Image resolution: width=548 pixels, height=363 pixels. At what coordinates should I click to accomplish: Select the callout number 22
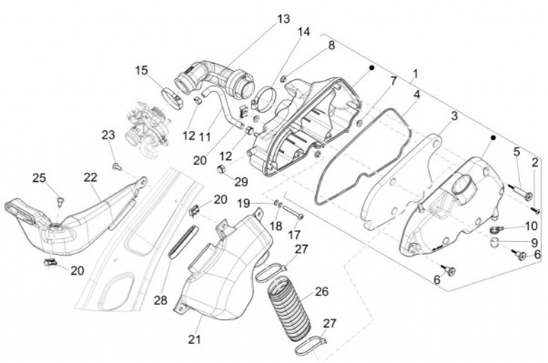91,177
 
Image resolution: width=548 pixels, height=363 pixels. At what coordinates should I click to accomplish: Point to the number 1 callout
415,75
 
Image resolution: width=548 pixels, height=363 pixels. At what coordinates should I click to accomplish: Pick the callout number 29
241,182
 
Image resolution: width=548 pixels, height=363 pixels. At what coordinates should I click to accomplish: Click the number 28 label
160,300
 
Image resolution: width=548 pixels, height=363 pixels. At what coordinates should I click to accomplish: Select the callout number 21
195,339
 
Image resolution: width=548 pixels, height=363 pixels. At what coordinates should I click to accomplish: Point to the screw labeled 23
116,164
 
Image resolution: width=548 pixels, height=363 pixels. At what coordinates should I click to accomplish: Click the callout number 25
39,177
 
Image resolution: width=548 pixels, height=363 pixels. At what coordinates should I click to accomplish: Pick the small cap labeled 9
495,242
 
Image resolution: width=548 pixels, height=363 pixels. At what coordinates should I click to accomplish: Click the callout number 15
142,71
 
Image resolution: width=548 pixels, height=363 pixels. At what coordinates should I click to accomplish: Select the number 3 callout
454,116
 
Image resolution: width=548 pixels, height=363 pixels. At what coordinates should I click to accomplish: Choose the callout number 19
243,203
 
